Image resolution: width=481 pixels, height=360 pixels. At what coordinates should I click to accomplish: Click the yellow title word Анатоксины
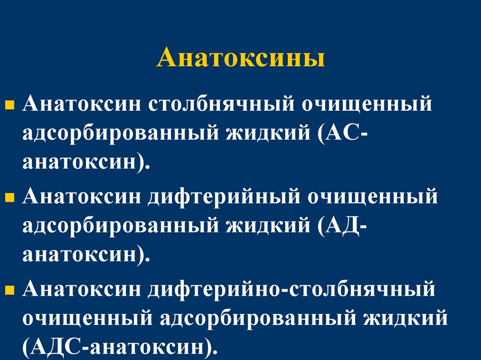pyautogui.click(x=240, y=60)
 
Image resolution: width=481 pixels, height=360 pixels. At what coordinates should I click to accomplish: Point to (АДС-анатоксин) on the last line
pyautogui.click(x=120, y=348)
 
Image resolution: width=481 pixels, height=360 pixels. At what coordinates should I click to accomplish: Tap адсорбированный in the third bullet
pyautogui.click(x=258, y=319)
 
